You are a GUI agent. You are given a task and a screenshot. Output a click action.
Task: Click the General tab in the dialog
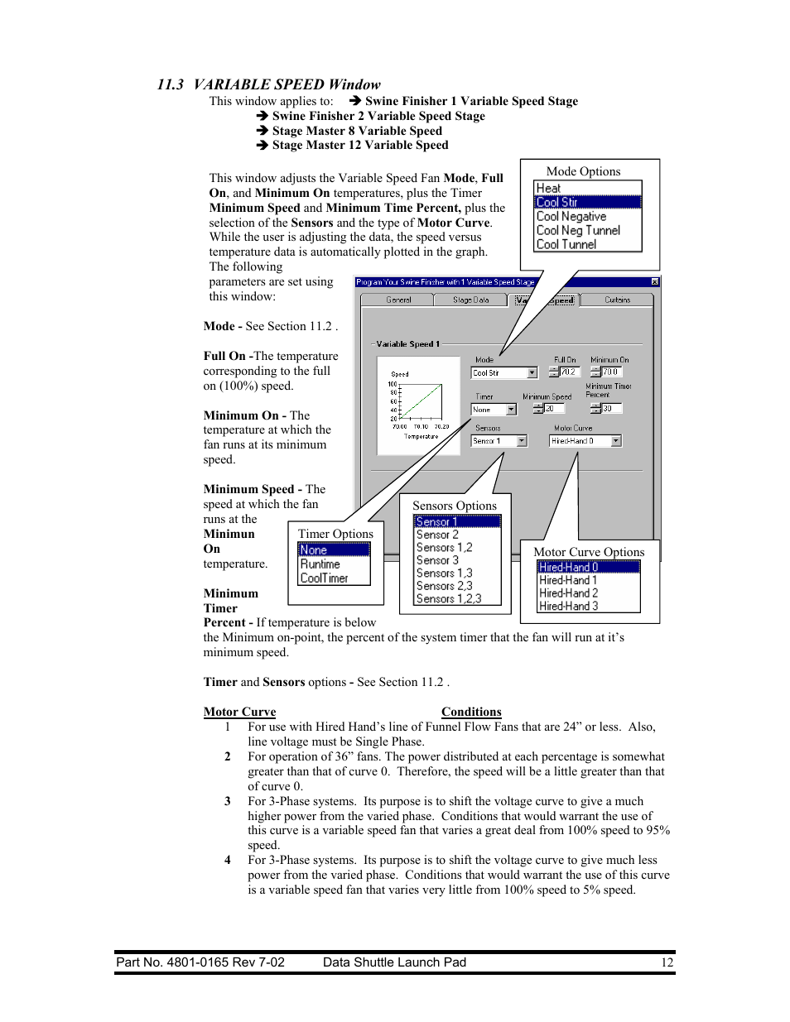[398, 300]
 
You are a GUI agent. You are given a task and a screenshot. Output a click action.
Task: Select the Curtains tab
[617, 300]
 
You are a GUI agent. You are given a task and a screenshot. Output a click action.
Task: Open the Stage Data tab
[470, 300]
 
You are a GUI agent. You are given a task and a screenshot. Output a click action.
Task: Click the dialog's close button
[655, 282]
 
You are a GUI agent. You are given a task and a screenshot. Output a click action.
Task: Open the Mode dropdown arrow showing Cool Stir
[532, 373]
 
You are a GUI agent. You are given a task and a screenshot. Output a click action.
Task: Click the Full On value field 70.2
[568, 372]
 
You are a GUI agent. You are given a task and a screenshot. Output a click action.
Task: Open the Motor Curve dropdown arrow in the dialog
[616, 441]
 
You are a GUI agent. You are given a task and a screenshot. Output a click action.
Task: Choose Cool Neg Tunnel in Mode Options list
[578, 231]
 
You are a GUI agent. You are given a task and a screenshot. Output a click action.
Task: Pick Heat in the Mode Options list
[548, 189]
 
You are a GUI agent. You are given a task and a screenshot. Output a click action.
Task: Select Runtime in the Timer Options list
[320, 564]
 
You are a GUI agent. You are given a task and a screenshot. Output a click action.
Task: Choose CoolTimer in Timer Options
[324, 578]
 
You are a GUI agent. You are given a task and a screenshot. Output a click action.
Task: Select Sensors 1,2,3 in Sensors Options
[449, 599]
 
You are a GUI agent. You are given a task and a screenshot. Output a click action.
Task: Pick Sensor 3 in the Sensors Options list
[437, 560]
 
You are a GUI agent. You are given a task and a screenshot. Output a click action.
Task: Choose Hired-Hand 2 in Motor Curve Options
[568, 593]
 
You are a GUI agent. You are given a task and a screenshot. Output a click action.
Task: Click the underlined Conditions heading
[471, 712]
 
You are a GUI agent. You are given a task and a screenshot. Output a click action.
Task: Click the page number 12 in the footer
[667, 962]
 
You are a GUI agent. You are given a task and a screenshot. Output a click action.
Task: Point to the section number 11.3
[171, 84]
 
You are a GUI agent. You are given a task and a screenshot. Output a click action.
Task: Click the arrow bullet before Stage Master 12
[262, 145]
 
